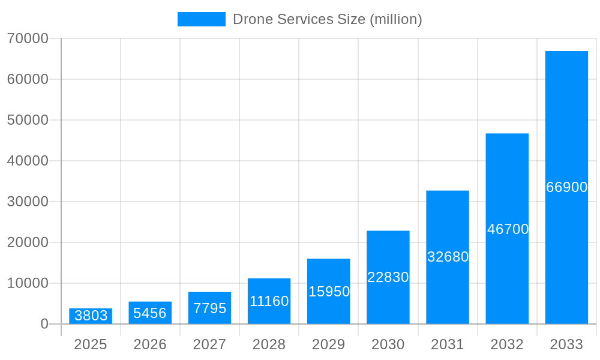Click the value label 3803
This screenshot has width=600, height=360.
[91, 316]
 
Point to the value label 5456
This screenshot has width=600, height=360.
[150, 313]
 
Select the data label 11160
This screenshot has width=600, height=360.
[269, 301]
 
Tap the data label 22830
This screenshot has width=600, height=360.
[388, 277]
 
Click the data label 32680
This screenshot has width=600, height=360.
[448, 257]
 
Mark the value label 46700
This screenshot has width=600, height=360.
[508, 229]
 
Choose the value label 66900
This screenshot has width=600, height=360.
[566, 187]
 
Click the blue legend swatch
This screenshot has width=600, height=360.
[202, 19]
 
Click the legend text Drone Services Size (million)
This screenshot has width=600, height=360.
[327, 19]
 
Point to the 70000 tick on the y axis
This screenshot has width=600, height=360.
[28, 38]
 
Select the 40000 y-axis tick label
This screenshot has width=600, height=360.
[28, 161]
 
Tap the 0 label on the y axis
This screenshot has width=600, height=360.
[44, 324]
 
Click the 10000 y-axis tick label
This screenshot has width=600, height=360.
[28, 283]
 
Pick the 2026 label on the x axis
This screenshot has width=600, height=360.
[150, 344]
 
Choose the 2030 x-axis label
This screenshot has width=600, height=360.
[388, 344]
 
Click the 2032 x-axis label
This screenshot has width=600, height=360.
[507, 344]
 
